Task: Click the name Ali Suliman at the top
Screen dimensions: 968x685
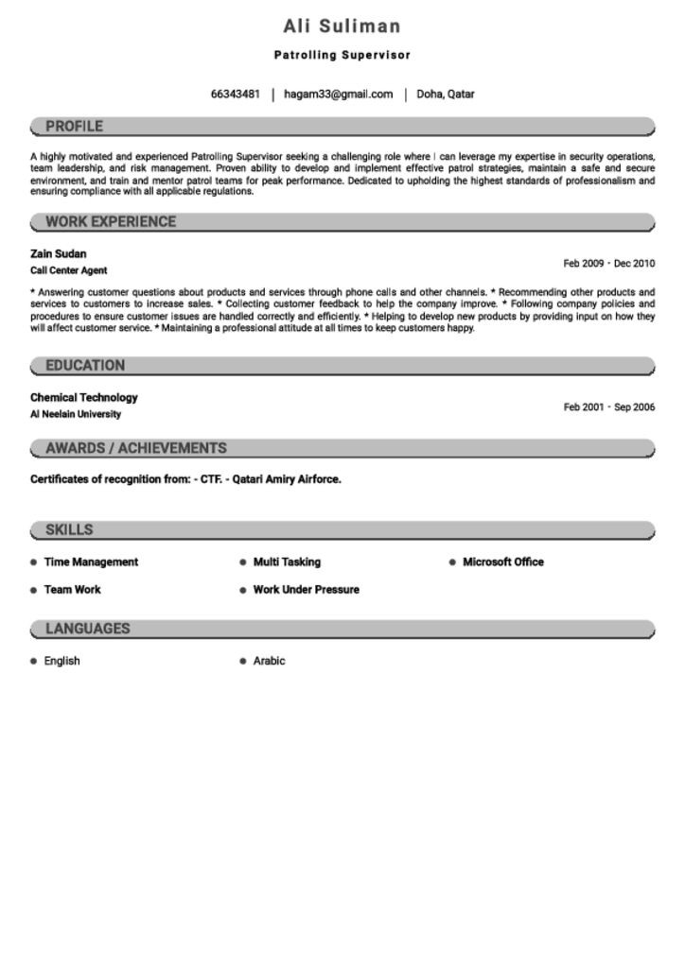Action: pos(342,26)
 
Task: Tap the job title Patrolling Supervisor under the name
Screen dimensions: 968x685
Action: pos(342,56)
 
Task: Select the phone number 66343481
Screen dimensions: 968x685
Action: pos(235,95)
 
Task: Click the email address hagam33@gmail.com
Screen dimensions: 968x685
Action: pos(338,95)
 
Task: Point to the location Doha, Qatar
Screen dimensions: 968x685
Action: pos(446,95)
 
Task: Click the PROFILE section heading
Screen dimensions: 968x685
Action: pos(74,127)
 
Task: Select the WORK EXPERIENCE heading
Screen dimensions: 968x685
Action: pos(111,222)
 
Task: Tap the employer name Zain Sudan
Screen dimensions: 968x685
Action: pos(58,254)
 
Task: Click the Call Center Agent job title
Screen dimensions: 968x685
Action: pos(68,270)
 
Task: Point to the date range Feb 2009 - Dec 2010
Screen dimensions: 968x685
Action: pos(608,264)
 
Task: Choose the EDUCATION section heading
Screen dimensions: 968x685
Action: pos(85,366)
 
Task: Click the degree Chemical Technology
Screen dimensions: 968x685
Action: pos(83,398)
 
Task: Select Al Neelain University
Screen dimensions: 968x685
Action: pos(76,414)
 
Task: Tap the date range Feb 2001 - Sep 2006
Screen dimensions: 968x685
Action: pos(608,407)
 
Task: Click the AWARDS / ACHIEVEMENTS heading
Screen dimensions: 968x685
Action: pos(136,448)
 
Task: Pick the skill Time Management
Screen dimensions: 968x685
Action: pos(91,562)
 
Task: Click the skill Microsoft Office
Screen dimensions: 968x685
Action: pos(502,562)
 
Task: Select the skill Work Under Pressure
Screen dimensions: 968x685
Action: pos(306,590)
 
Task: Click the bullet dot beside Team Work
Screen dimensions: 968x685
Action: pos(34,590)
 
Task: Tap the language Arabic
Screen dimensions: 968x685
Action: pos(269,662)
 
